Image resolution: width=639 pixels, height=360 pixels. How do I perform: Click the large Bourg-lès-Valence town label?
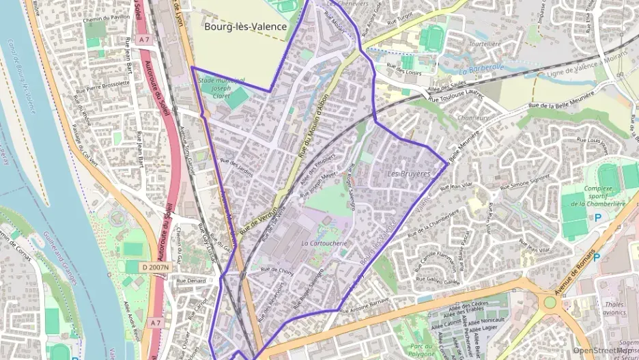[x=244, y=27]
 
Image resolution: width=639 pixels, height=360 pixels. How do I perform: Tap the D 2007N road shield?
[x=156, y=266]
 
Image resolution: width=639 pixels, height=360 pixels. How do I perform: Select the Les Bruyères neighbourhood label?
[x=409, y=174]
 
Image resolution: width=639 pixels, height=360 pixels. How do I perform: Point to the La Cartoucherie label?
[x=324, y=243]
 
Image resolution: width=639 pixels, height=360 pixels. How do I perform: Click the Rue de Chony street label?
[x=276, y=271]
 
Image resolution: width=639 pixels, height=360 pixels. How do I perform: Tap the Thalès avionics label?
[x=615, y=309]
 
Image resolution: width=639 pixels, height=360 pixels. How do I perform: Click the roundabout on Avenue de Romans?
[x=550, y=301]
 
